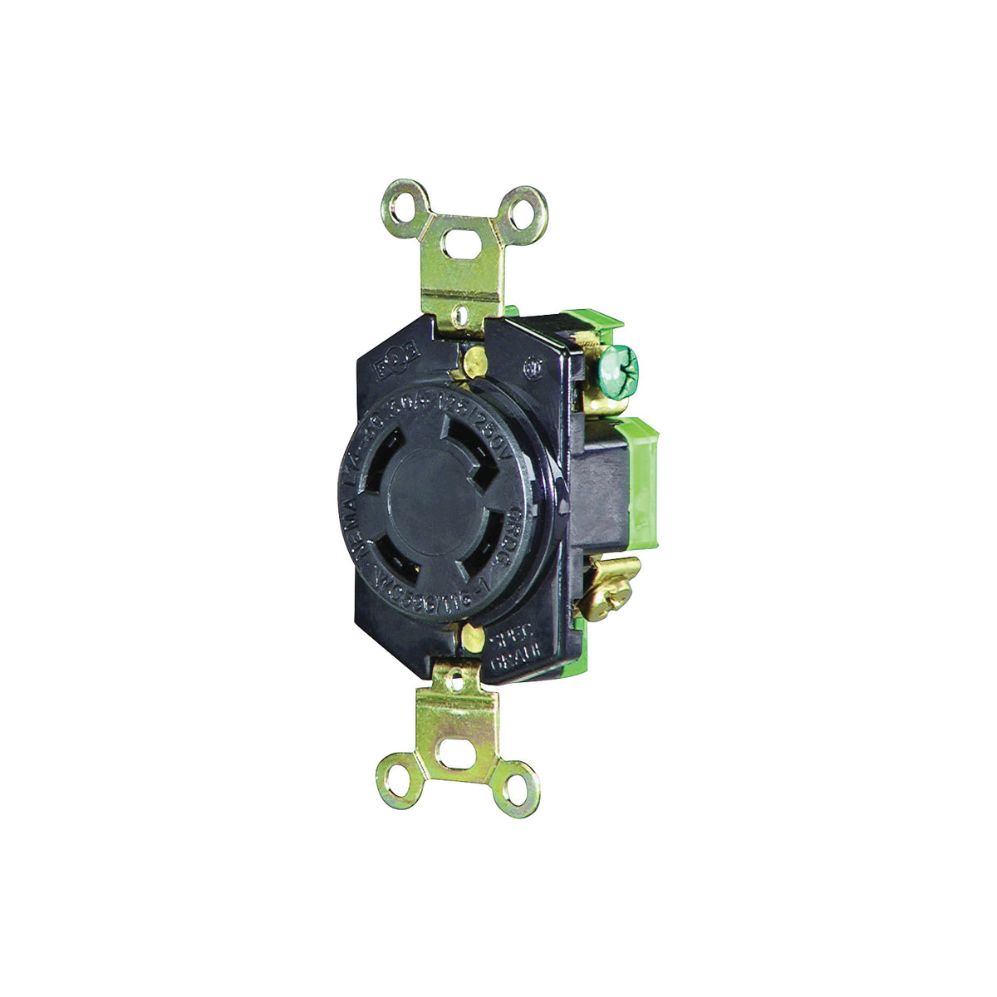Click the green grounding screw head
tap(618, 363)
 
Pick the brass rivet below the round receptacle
tap(470, 638)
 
